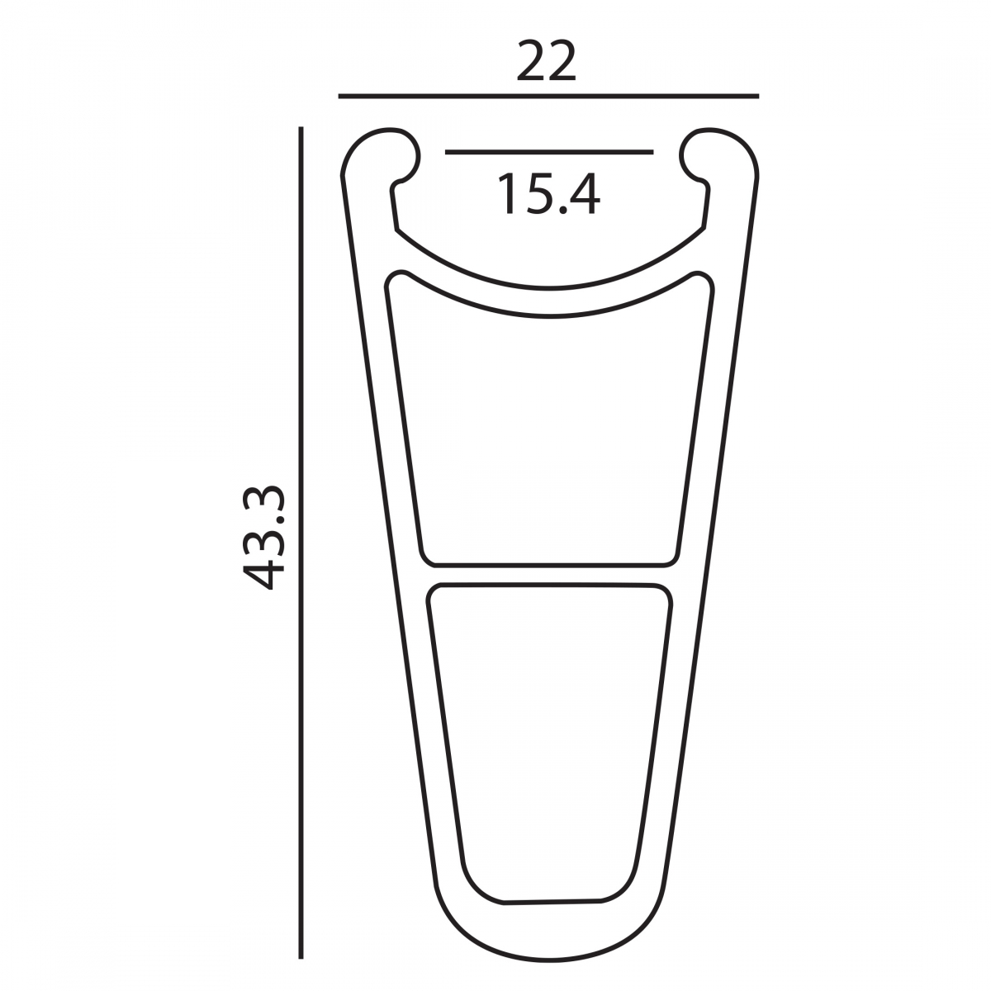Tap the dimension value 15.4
(548, 195)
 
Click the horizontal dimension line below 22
(548, 97)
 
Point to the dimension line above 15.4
(549, 152)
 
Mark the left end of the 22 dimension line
(340, 97)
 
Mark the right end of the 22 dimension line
(757, 97)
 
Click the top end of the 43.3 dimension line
(301, 129)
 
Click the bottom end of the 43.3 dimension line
(301, 958)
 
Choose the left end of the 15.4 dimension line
(447, 152)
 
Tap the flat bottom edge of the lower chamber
(550, 900)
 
